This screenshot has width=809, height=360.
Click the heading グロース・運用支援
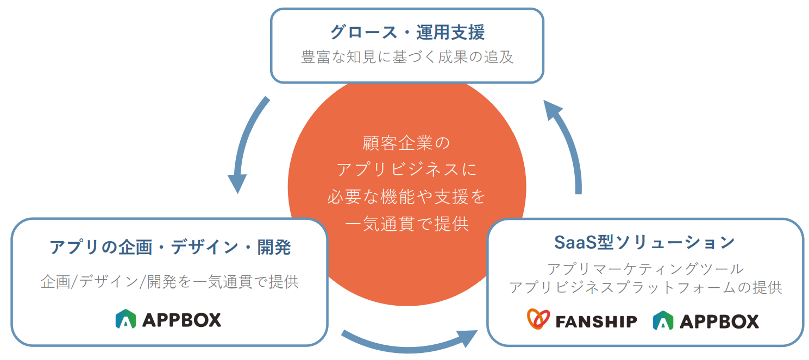407,32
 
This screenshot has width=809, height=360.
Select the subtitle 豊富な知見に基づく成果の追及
407,57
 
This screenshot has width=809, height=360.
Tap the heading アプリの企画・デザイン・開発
170,248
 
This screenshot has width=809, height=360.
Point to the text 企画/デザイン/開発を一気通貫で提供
170,282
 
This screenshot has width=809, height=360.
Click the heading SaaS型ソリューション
644,242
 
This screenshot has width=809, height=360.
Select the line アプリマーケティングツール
645,269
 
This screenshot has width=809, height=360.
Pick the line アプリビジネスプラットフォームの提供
645,288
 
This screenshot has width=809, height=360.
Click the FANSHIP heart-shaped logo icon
538,319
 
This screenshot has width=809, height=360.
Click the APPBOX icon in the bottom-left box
126,319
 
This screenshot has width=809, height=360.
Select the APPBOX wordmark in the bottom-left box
181,320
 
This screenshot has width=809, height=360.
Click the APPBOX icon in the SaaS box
663,321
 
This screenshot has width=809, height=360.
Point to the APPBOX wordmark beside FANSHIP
719,321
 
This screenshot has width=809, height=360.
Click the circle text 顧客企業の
406,143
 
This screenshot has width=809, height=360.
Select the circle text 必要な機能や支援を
406,197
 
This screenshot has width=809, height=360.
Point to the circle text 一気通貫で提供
406,224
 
